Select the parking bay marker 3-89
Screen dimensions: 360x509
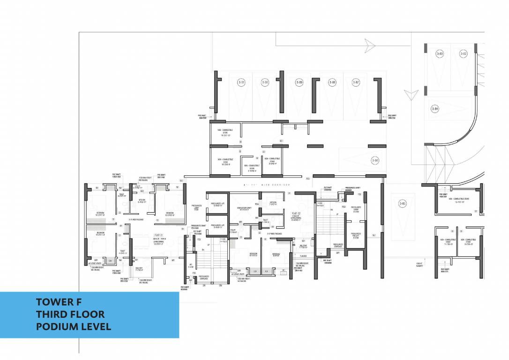pos(299,82)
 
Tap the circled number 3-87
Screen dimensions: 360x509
pos(356,82)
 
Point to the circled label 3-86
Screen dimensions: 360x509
pos(375,160)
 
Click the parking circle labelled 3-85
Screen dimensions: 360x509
pos(402,203)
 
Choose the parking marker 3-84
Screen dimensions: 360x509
pos(435,109)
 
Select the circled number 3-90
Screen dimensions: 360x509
pos(265,82)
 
